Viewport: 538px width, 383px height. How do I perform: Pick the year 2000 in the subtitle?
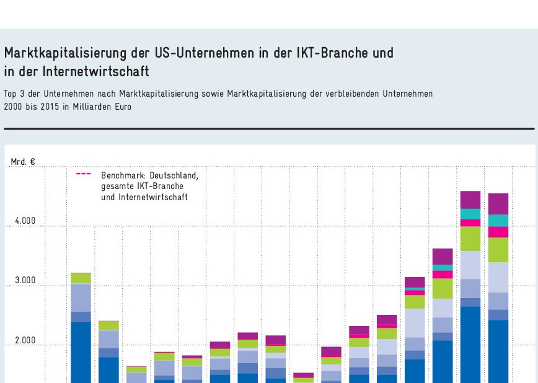click(13, 106)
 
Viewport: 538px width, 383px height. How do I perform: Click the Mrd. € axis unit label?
click(23, 162)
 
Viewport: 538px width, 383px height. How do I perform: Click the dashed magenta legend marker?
click(84, 174)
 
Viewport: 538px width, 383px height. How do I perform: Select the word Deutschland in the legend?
click(174, 175)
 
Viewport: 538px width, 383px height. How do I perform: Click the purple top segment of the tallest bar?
click(470, 200)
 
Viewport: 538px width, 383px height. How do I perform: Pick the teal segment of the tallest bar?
click(470, 214)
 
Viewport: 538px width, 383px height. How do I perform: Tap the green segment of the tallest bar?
click(470, 239)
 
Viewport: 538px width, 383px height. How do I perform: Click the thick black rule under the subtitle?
click(269, 129)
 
